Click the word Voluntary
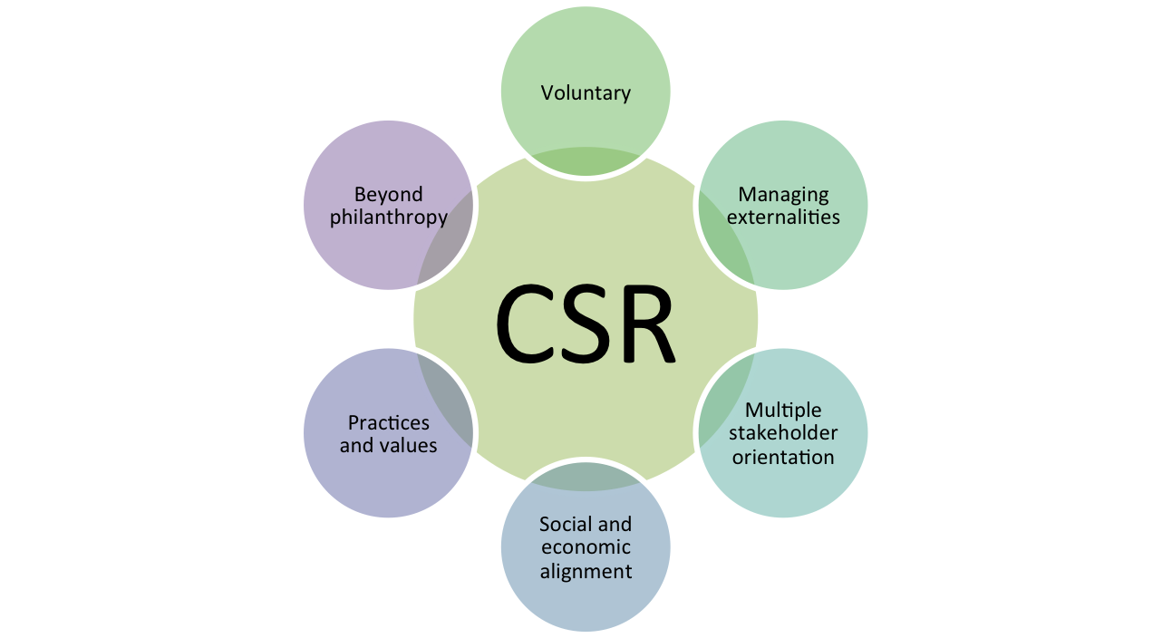pyautogui.click(x=586, y=92)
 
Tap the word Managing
pyautogui.click(x=783, y=194)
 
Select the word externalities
pyautogui.click(x=783, y=217)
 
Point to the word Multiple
pyautogui.click(x=783, y=411)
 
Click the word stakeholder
pyautogui.click(x=783, y=433)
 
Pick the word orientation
pyautogui.click(x=783, y=456)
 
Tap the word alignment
pyautogui.click(x=586, y=571)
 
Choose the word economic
pyautogui.click(x=586, y=547)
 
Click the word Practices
pyautogui.click(x=389, y=422)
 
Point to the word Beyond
pyautogui.click(x=389, y=194)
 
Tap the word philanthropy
pyautogui.click(x=389, y=217)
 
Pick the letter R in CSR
pyautogui.click(x=645, y=324)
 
